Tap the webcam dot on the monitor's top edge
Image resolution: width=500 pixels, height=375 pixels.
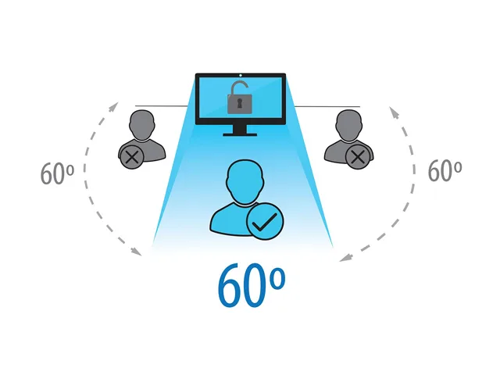click(x=241, y=75)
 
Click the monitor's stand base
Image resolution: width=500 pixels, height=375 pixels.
click(x=240, y=135)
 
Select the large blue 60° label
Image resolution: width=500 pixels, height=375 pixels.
click(x=252, y=284)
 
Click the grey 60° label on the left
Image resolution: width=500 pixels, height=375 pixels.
click(x=57, y=173)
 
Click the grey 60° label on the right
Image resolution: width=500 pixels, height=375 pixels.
click(x=445, y=170)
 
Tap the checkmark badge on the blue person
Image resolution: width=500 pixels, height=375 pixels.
click(x=265, y=221)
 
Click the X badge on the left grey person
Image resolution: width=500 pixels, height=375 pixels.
click(x=132, y=157)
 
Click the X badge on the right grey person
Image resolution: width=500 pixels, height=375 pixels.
click(x=358, y=157)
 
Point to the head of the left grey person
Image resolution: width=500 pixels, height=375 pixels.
click(x=142, y=125)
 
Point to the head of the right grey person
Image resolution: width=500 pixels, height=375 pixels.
click(x=349, y=125)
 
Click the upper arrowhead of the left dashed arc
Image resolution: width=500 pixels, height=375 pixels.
click(x=113, y=107)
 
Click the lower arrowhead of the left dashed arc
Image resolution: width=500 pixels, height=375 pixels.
click(x=137, y=252)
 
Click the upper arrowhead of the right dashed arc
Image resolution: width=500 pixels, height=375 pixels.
click(x=394, y=112)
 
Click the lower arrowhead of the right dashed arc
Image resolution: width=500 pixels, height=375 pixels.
click(x=345, y=258)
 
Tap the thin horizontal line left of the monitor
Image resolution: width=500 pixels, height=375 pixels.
click(x=162, y=106)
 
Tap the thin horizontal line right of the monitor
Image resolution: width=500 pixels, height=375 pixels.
click(x=327, y=106)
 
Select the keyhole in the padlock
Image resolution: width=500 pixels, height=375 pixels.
click(x=240, y=103)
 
